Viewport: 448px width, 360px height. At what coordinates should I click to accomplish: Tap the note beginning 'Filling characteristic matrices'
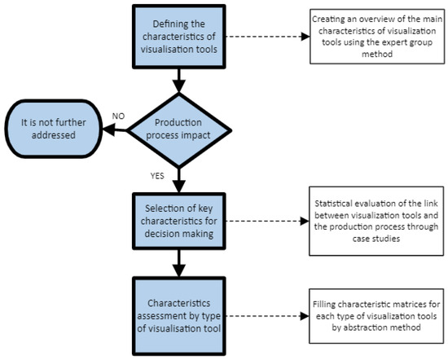377,316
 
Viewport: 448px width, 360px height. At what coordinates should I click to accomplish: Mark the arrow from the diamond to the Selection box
180,181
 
